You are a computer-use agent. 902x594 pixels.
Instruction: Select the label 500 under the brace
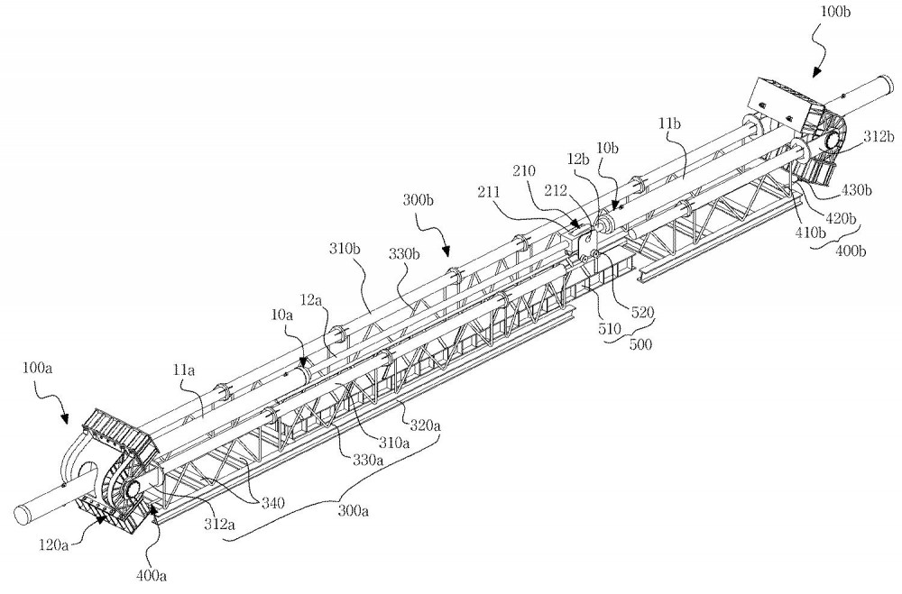coord(640,346)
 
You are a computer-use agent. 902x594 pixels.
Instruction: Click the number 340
coord(274,503)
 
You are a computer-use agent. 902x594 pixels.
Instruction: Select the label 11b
coord(670,123)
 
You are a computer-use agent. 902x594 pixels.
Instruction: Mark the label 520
coord(642,313)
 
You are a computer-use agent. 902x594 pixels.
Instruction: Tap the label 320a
coord(425,426)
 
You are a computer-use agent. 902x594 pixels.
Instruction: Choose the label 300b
coord(418,201)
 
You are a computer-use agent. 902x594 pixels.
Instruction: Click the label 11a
coord(183,371)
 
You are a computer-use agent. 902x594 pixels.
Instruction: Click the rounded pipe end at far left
coord(24,513)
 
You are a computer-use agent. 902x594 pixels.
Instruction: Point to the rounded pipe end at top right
coord(885,87)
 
